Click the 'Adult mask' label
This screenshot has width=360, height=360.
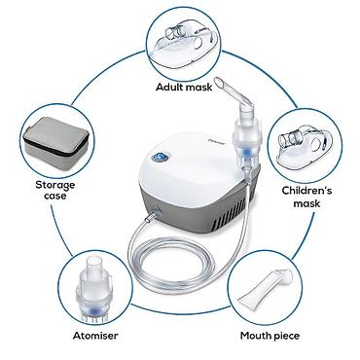point(184,88)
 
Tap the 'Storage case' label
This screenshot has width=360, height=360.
point(55,191)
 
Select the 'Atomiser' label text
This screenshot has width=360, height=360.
point(95,336)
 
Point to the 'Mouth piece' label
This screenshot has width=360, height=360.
point(270,336)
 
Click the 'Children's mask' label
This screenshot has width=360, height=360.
point(306,197)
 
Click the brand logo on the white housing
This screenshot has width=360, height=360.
point(214,141)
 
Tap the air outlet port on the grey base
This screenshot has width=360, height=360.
point(159,209)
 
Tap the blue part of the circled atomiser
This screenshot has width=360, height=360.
point(93,309)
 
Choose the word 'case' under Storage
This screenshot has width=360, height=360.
point(55,197)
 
